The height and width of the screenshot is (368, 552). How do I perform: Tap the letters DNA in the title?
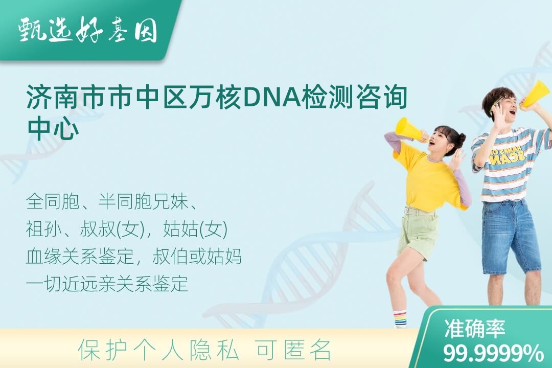272,97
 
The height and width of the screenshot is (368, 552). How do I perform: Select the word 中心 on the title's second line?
53,128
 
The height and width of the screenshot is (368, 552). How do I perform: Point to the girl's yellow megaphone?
410,130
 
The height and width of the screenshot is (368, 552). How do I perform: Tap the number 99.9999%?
493,353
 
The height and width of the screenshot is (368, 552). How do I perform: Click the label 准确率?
474,329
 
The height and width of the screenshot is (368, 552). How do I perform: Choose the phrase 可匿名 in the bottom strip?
293,350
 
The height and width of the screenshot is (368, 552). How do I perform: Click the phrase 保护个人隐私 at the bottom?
158,350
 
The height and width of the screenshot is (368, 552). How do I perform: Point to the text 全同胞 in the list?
53,201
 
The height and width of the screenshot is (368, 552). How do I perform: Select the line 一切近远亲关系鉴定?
107,284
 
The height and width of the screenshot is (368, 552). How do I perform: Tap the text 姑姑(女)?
195,229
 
